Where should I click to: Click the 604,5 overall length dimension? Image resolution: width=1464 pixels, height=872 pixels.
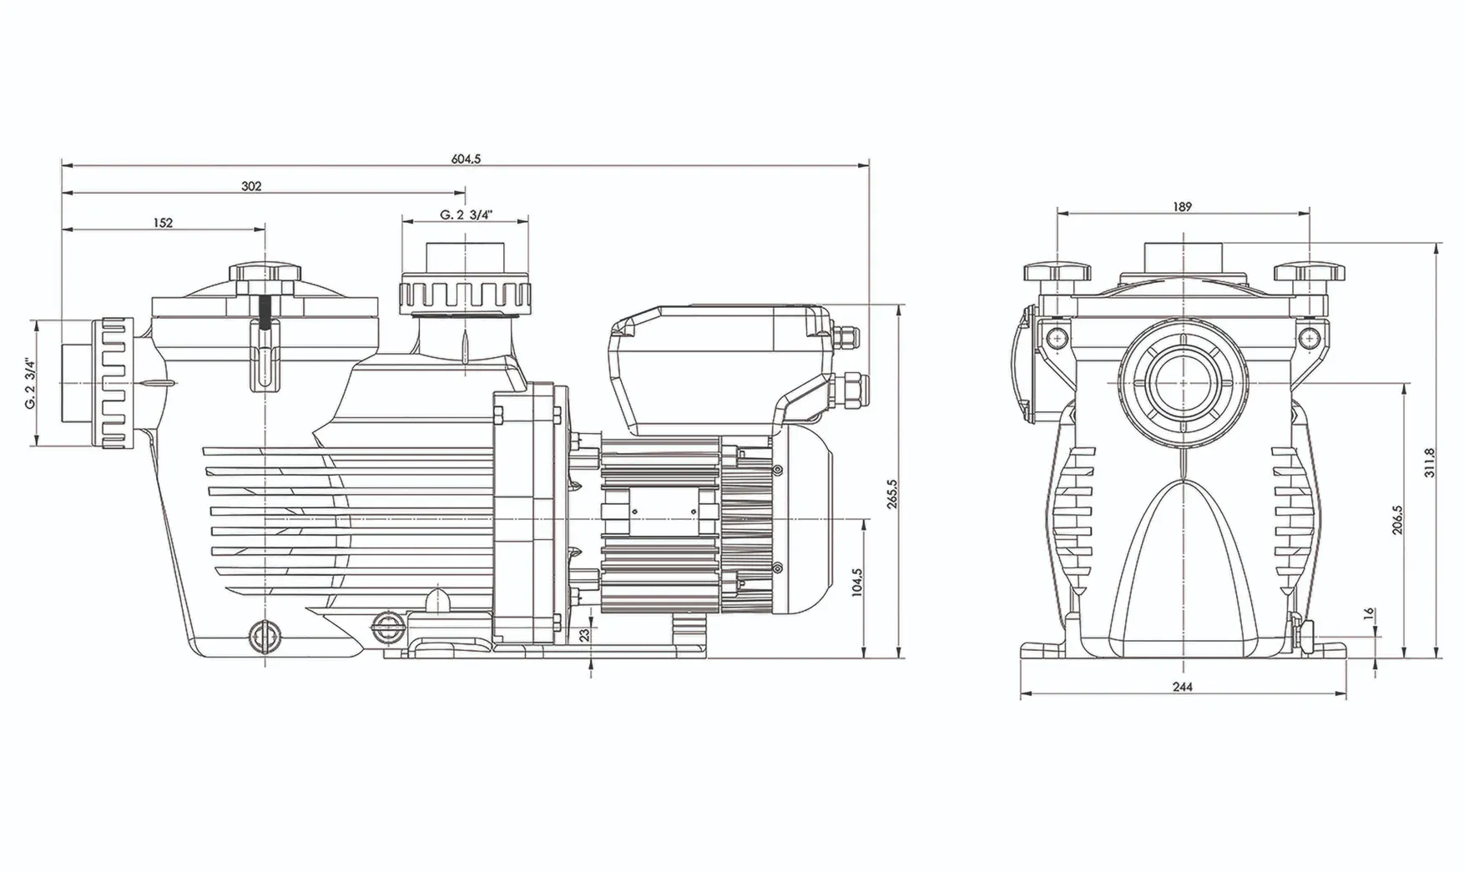pos(467,159)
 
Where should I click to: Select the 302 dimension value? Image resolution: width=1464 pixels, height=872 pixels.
pos(251,186)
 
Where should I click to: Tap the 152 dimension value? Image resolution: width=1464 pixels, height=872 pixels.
pos(164,223)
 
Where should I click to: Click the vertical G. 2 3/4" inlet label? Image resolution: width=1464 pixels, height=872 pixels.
pos(30,383)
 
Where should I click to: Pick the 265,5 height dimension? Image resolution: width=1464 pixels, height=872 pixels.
pos(892,494)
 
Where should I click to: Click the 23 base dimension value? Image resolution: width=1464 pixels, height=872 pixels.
pos(585,635)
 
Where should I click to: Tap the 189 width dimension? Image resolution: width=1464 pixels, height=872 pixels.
pos(1182,207)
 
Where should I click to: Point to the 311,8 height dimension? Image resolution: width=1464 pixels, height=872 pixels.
pos(1430,462)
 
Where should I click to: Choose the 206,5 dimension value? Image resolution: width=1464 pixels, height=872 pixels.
pos(1398,519)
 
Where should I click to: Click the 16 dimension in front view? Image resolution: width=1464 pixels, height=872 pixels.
pos(1368,613)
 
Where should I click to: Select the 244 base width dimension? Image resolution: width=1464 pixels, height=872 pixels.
pos(1182,687)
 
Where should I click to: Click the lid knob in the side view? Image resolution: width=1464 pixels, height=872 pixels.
pos(265,276)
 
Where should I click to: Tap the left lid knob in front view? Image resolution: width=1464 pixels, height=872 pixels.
pos(1058,273)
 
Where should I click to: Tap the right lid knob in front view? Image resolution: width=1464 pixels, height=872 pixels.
pos(1309,273)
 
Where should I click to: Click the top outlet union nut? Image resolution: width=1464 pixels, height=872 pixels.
pos(465,293)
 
